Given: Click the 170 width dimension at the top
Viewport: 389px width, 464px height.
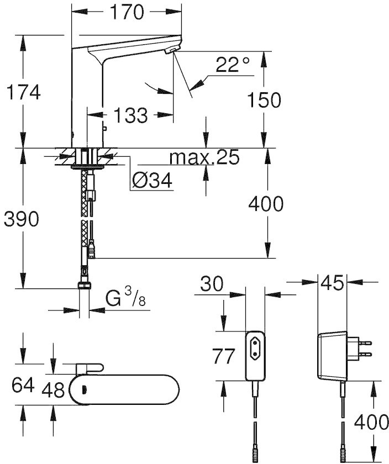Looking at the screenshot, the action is [127, 12].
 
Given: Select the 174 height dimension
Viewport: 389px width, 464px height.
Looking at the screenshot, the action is [23, 92].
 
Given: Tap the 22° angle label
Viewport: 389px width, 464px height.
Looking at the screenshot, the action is [233, 64].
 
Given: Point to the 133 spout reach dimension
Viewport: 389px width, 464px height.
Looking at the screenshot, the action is [130, 115].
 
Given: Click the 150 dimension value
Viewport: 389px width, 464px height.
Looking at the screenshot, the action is [264, 100].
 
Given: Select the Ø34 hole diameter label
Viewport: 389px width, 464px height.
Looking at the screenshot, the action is [152, 180].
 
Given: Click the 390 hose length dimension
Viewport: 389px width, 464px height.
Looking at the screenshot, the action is [22, 219].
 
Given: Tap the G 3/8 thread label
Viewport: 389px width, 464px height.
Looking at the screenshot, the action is [126, 297].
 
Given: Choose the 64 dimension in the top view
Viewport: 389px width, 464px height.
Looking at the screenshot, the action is [23, 385].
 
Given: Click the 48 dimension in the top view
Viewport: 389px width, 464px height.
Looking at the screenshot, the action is [53, 389].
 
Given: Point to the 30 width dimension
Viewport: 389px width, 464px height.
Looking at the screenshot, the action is [212, 284].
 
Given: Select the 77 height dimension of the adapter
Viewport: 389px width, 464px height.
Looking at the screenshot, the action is [224, 356].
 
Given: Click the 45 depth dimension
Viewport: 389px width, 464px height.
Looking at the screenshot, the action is [332, 282].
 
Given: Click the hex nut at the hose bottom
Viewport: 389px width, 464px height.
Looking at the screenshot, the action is [85, 285].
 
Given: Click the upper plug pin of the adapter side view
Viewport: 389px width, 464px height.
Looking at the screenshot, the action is [365, 343].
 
